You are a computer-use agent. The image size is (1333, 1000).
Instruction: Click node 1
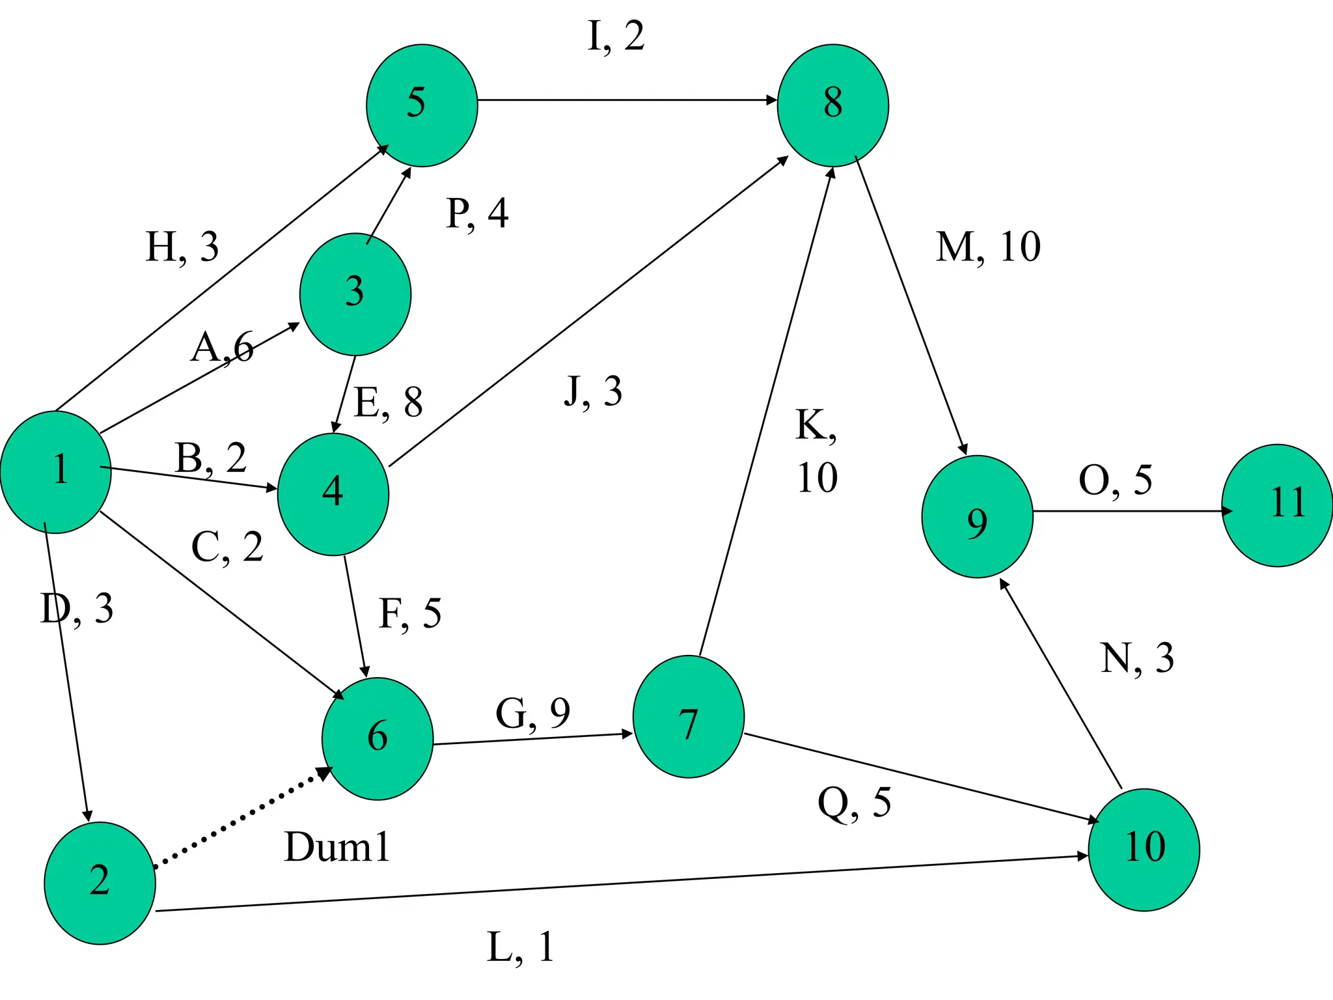[56, 472]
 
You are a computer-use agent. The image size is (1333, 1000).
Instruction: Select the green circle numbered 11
[1277, 505]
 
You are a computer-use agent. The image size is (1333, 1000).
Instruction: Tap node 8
[832, 105]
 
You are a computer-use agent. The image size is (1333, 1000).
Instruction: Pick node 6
[378, 738]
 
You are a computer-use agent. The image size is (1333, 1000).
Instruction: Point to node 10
[1144, 849]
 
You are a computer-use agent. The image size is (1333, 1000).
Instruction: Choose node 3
[355, 294]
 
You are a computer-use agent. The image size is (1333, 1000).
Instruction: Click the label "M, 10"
[988, 247]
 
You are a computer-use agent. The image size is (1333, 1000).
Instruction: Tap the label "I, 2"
[616, 36]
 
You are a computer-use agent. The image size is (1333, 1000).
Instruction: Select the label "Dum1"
[337, 848]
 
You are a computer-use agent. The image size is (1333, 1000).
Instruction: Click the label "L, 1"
[521, 947]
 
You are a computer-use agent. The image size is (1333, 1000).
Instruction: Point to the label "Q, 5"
[854, 803]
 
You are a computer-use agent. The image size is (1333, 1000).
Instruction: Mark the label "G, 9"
[532, 714]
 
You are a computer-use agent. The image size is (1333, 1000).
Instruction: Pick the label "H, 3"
[182, 247]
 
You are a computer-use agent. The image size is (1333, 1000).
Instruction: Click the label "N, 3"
[1137, 658]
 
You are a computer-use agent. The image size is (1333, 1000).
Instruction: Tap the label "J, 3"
[593, 392]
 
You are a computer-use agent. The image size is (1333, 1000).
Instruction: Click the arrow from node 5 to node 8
[625, 100]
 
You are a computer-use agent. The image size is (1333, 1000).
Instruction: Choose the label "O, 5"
[1115, 480]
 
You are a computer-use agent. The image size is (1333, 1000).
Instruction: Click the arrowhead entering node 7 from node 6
[627, 734]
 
